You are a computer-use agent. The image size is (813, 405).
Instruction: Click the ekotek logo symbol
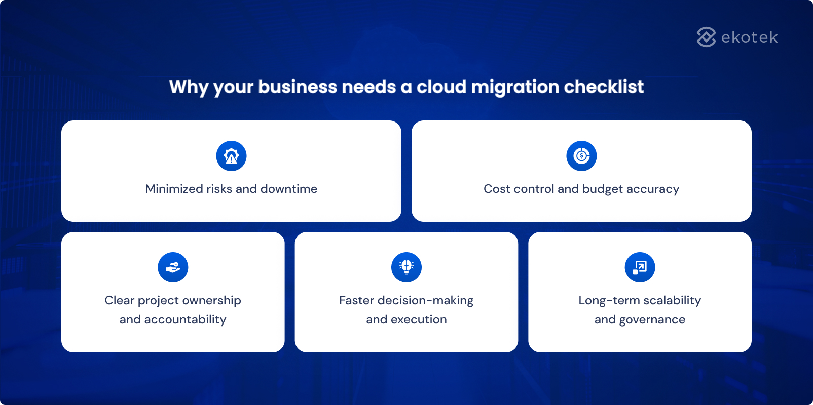point(706,37)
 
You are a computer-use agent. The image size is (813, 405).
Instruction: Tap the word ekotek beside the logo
point(749,37)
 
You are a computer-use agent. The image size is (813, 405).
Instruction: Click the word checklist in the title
point(604,87)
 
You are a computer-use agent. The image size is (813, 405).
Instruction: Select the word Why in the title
point(189,88)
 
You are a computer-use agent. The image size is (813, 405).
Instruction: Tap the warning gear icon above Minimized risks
point(231,156)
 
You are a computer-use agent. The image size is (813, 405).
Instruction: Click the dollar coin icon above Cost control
point(581,156)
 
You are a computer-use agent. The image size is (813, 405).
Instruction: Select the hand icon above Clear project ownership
point(173,267)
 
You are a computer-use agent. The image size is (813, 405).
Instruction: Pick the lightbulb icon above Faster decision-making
point(406,267)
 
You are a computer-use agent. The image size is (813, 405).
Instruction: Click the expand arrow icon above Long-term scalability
point(640,267)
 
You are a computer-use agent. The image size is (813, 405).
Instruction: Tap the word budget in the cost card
point(602,189)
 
